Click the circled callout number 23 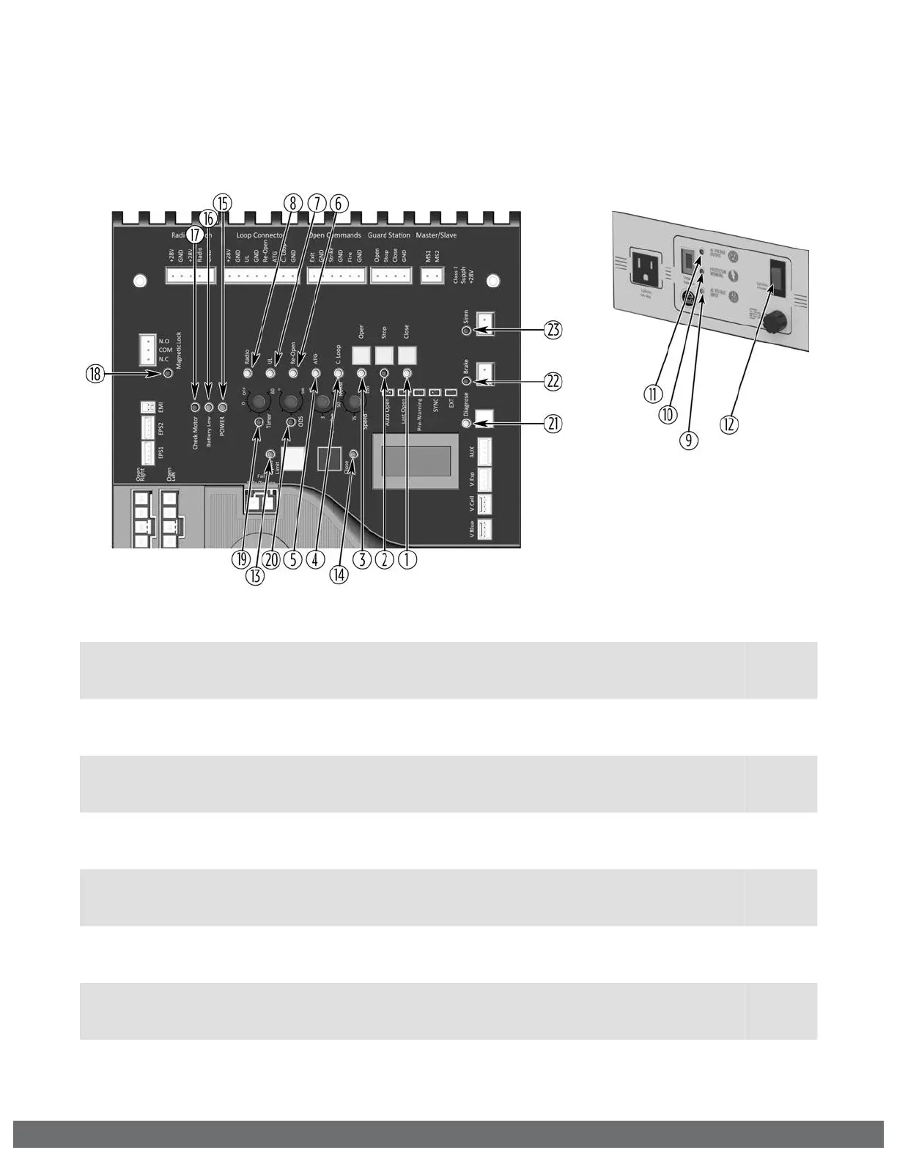click(553, 331)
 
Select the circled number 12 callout click(730, 424)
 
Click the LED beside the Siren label click(466, 331)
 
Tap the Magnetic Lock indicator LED click(168, 374)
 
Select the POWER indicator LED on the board click(223, 407)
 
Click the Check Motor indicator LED click(195, 407)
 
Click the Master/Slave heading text click(436, 235)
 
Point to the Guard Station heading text click(388, 235)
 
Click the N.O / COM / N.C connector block click(148, 350)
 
